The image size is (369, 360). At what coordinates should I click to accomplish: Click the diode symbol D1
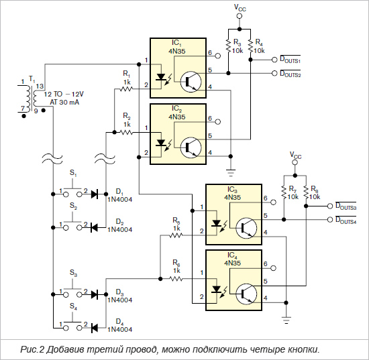coord(95,194)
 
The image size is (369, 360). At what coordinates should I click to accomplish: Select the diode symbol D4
coord(95,328)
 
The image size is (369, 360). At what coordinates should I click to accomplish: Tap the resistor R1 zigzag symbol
coord(126,89)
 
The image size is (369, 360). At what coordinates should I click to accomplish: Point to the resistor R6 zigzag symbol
coord(176,279)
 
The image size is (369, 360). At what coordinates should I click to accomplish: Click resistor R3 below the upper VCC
coord(228,45)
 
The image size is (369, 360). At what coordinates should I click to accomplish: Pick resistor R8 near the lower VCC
coord(306,192)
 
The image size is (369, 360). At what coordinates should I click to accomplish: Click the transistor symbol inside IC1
coord(191,82)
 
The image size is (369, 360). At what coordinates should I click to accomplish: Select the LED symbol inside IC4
coord(216,289)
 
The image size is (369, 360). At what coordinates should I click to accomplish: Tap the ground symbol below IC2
coord(231,173)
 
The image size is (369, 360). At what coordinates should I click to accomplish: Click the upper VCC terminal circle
coord(240,16)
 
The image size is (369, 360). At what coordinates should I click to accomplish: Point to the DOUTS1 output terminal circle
coord(274,60)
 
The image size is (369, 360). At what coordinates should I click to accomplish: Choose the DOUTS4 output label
coord(346,220)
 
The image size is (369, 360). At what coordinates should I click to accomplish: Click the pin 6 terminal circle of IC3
coord(273,202)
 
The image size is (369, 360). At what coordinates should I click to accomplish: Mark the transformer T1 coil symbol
coord(31,98)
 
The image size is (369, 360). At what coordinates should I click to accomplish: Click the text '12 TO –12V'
coord(64,95)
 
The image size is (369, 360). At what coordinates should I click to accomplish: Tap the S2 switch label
coord(73,206)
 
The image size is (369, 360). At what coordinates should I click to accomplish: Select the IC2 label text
coord(176,109)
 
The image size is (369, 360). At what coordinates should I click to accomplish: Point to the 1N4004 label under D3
coord(120,300)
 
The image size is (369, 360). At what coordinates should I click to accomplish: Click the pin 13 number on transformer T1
coord(40,86)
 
